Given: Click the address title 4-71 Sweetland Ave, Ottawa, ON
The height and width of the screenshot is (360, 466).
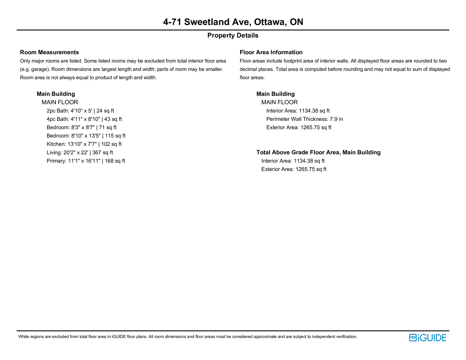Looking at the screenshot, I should click(233, 22).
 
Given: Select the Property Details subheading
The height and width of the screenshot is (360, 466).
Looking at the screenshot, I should click(233, 36).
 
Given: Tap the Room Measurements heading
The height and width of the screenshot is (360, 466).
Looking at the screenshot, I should click(49, 52).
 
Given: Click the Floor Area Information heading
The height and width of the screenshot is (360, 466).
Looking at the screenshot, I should click(271, 52).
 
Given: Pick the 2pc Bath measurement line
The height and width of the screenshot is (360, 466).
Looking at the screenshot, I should click(80, 111).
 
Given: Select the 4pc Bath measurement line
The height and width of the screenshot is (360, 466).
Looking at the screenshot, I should click(84, 119).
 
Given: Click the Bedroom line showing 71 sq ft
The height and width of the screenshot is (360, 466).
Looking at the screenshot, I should click(81, 128).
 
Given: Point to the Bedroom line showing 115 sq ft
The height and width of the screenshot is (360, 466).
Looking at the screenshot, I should click(86, 136).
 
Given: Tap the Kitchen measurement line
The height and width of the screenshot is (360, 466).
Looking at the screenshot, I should click(84, 144).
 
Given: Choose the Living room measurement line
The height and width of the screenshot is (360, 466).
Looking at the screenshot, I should click(80, 153).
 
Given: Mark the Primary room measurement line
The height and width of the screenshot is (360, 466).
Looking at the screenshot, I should click(86, 161).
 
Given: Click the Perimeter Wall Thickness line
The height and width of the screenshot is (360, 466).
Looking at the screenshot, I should click(304, 119).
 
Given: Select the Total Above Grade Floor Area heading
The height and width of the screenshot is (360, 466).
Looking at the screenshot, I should click(318, 153).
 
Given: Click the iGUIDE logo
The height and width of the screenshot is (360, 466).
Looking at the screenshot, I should click(427, 338).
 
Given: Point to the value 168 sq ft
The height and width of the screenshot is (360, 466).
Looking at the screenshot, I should click(115, 161).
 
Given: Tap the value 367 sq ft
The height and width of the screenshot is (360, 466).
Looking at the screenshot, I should click(103, 153).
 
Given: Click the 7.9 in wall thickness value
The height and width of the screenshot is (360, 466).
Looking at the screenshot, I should click(336, 119).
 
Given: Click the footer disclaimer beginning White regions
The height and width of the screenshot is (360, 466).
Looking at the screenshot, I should click(188, 337).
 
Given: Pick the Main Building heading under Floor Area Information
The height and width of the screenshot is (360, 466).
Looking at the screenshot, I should click(275, 94).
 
